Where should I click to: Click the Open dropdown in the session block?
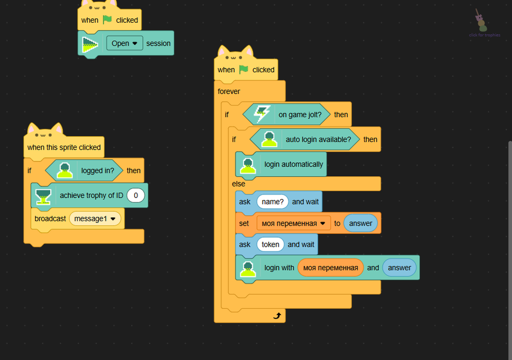click(125, 43)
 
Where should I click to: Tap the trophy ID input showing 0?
click(136, 196)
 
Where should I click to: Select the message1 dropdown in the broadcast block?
click(95, 218)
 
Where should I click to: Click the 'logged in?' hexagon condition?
click(85, 170)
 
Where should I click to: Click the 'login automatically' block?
click(282, 164)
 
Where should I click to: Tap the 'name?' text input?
click(272, 201)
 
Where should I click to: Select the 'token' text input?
click(270, 245)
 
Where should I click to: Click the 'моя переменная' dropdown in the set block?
click(293, 224)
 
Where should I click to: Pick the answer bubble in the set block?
click(361, 224)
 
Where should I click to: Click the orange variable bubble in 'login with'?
click(331, 267)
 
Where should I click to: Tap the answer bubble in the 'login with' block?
click(399, 267)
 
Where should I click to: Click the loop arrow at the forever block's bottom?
click(277, 316)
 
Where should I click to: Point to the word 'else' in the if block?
click(238, 184)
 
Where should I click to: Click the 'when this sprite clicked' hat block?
click(64, 147)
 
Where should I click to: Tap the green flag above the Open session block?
click(108, 20)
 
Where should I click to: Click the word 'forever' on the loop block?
click(229, 91)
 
